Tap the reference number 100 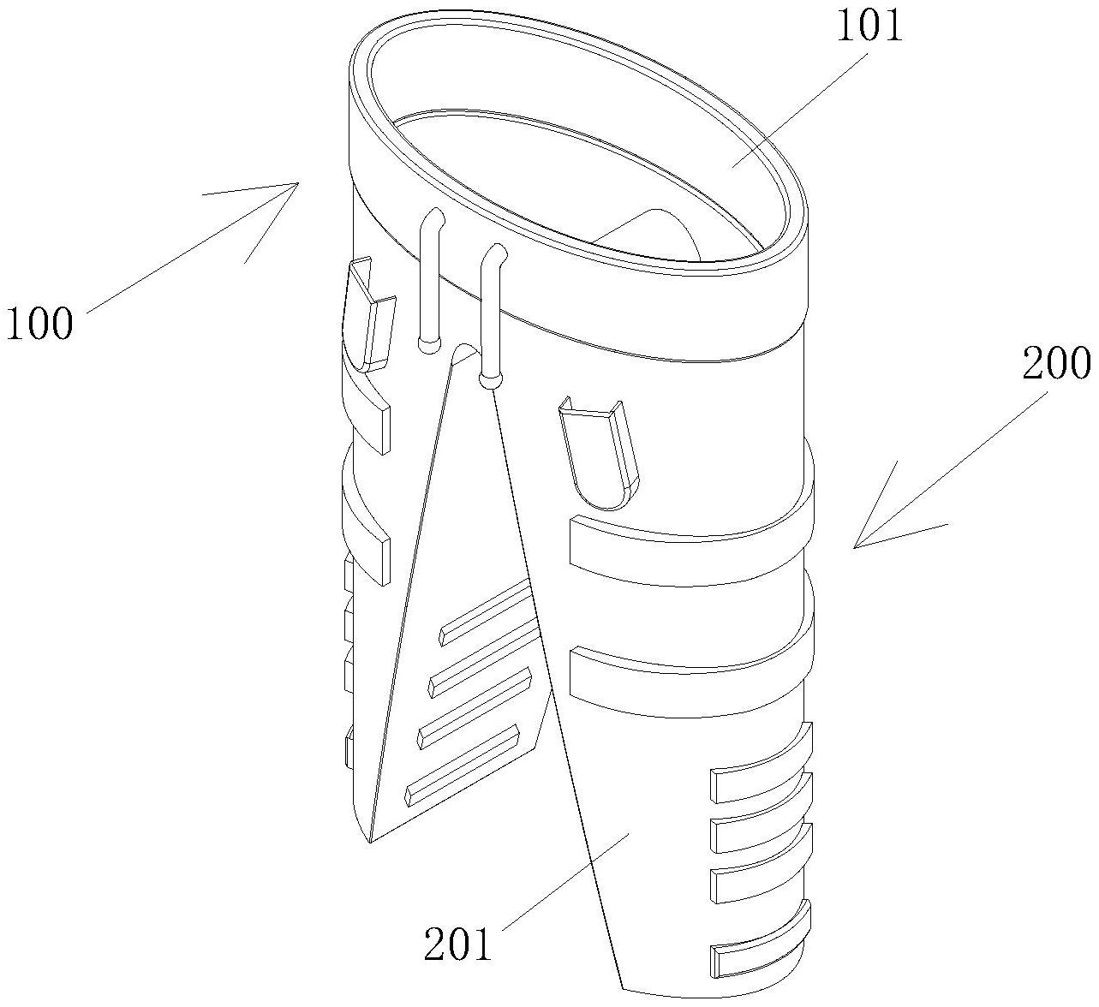(x=39, y=325)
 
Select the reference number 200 (x=1057, y=364)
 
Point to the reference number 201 (x=459, y=944)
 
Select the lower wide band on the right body (x=685, y=681)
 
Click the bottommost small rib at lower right (x=758, y=955)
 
